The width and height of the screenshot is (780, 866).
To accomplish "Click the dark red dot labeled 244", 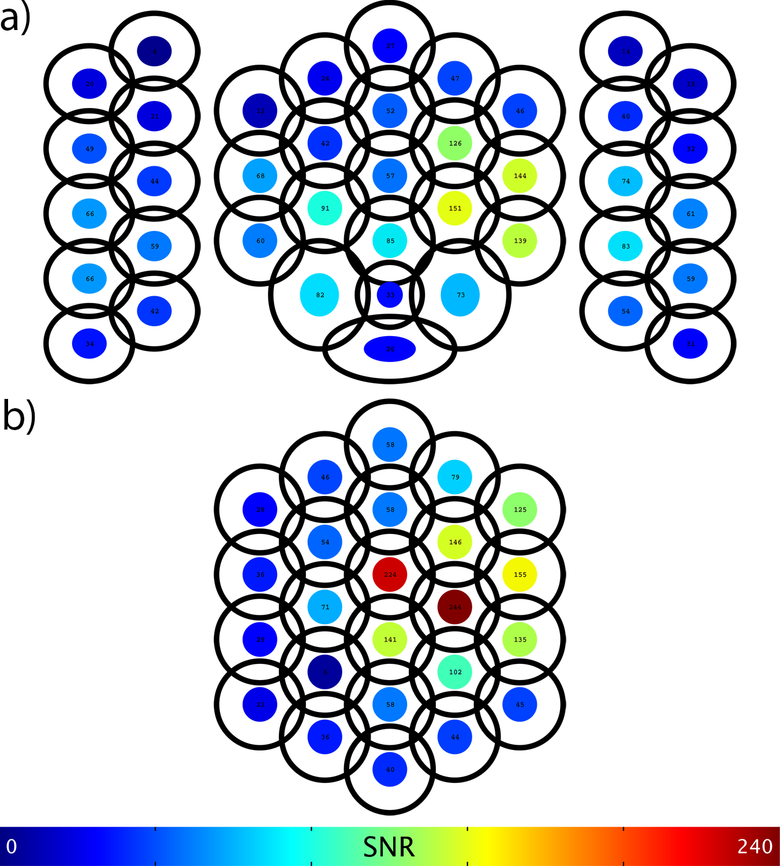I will tap(455, 607).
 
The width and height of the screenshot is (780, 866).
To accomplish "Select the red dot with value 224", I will tap(390, 574).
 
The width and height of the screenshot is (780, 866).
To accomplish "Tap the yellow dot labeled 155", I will tap(520, 574).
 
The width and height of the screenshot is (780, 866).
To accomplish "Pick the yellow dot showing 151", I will tap(455, 208).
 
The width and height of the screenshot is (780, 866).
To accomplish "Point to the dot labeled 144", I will tap(520, 176).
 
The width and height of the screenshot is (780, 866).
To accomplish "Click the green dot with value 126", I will tap(455, 143).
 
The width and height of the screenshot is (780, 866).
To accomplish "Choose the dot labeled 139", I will tap(520, 241).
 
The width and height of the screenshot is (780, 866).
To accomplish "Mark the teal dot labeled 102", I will tap(455, 672).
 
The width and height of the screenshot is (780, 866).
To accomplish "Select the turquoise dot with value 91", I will tap(325, 208).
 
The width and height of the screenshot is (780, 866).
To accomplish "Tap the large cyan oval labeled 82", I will tap(319, 295).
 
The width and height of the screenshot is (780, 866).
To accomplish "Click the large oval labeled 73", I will tap(460, 295).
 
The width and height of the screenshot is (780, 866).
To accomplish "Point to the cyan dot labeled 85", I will tap(390, 241).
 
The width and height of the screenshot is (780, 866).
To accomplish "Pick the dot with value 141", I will tap(390, 640).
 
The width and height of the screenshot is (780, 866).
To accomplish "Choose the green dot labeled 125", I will tap(520, 510).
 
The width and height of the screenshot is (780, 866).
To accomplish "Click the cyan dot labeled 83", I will tap(625, 246).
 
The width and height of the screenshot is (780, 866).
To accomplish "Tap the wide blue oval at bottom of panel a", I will tap(390, 349).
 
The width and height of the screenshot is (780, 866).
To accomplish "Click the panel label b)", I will tap(19, 416).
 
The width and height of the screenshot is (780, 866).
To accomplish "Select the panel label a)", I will tap(16, 18).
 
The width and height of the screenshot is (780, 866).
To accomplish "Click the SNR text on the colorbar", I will tap(389, 847).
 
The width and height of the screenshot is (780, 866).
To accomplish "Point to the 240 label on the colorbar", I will tap(755, 846).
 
